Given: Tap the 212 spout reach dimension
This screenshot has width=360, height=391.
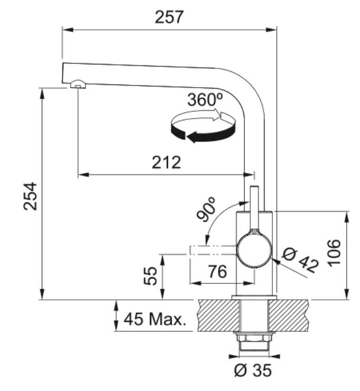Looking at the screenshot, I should [166, 162].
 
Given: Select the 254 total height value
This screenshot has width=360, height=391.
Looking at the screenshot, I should [31, 196].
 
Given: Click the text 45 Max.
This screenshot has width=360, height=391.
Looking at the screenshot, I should [155, 319].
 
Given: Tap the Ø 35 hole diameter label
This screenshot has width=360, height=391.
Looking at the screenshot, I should [252, 370].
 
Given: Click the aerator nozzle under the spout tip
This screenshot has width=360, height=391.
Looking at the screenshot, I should [77, 84].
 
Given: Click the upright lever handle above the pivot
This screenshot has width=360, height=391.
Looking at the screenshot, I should [254, 208].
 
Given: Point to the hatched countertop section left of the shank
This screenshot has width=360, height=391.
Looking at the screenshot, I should [216, 316].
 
